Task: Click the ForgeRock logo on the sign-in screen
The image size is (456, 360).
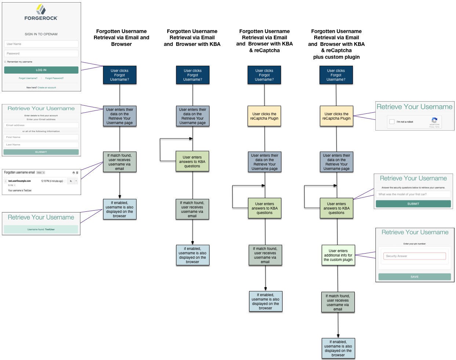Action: [x=41, y=13]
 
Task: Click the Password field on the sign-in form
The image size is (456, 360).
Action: [x=41, y=54]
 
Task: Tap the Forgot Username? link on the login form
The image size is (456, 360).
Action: [x=28, y=78]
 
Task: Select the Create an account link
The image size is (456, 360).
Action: [x=47, y=88]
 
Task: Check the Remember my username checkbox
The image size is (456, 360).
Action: [x=5, y=62]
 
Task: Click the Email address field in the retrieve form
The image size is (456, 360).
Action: [x=41, y=125]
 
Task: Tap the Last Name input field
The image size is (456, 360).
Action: [x=41, y=145]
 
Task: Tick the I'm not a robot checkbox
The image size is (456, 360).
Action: [x=392, y=122]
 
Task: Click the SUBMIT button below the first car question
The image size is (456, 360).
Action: [x=413, y=204]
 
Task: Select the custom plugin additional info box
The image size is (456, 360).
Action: [x=338, y=255]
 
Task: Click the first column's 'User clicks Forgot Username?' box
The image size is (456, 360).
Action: [x=120, y=75]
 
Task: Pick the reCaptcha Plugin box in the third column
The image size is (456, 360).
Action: [x=264, y=116]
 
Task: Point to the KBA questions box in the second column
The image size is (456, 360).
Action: [x=192, y=161]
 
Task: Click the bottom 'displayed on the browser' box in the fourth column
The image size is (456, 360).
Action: [x=338, y=348]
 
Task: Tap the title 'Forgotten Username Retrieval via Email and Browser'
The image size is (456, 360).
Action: [x=121, y=37]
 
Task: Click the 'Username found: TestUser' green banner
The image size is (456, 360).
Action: [x=41, y=229]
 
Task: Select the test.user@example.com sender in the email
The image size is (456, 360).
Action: [x=19, y=181]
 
